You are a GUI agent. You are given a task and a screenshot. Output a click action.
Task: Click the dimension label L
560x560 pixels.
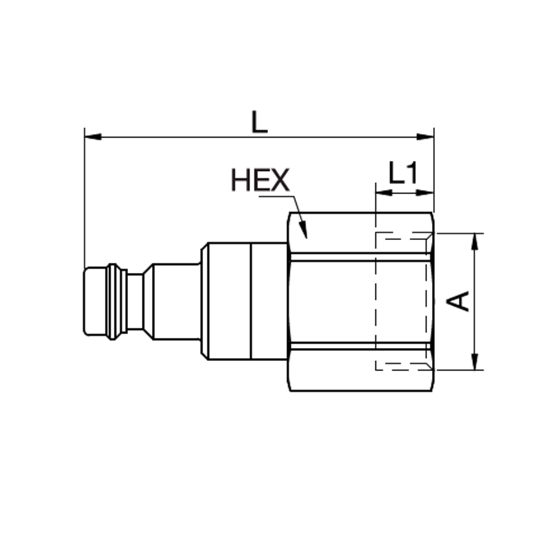point(259,122)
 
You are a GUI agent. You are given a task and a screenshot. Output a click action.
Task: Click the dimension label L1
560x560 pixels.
point(403,175)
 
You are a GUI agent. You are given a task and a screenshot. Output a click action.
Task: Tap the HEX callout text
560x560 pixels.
point(260,181)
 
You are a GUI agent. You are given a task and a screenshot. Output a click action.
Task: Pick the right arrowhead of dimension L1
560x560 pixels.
point(427,193)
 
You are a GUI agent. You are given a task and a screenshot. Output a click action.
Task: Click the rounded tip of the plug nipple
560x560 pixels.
point(94,302)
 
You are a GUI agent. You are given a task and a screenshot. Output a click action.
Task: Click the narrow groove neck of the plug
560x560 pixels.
point(135,302)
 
